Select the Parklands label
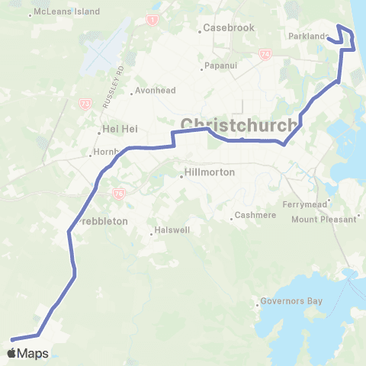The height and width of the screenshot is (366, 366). [308, 36]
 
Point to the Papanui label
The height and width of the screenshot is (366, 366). [223, 67]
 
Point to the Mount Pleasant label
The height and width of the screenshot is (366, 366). [324, 219]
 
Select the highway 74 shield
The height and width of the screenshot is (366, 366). [265, 55]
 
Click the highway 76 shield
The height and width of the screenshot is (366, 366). [118, 194]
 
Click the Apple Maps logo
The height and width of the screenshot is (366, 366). [27, 353]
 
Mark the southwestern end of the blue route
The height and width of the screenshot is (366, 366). [11, 339]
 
